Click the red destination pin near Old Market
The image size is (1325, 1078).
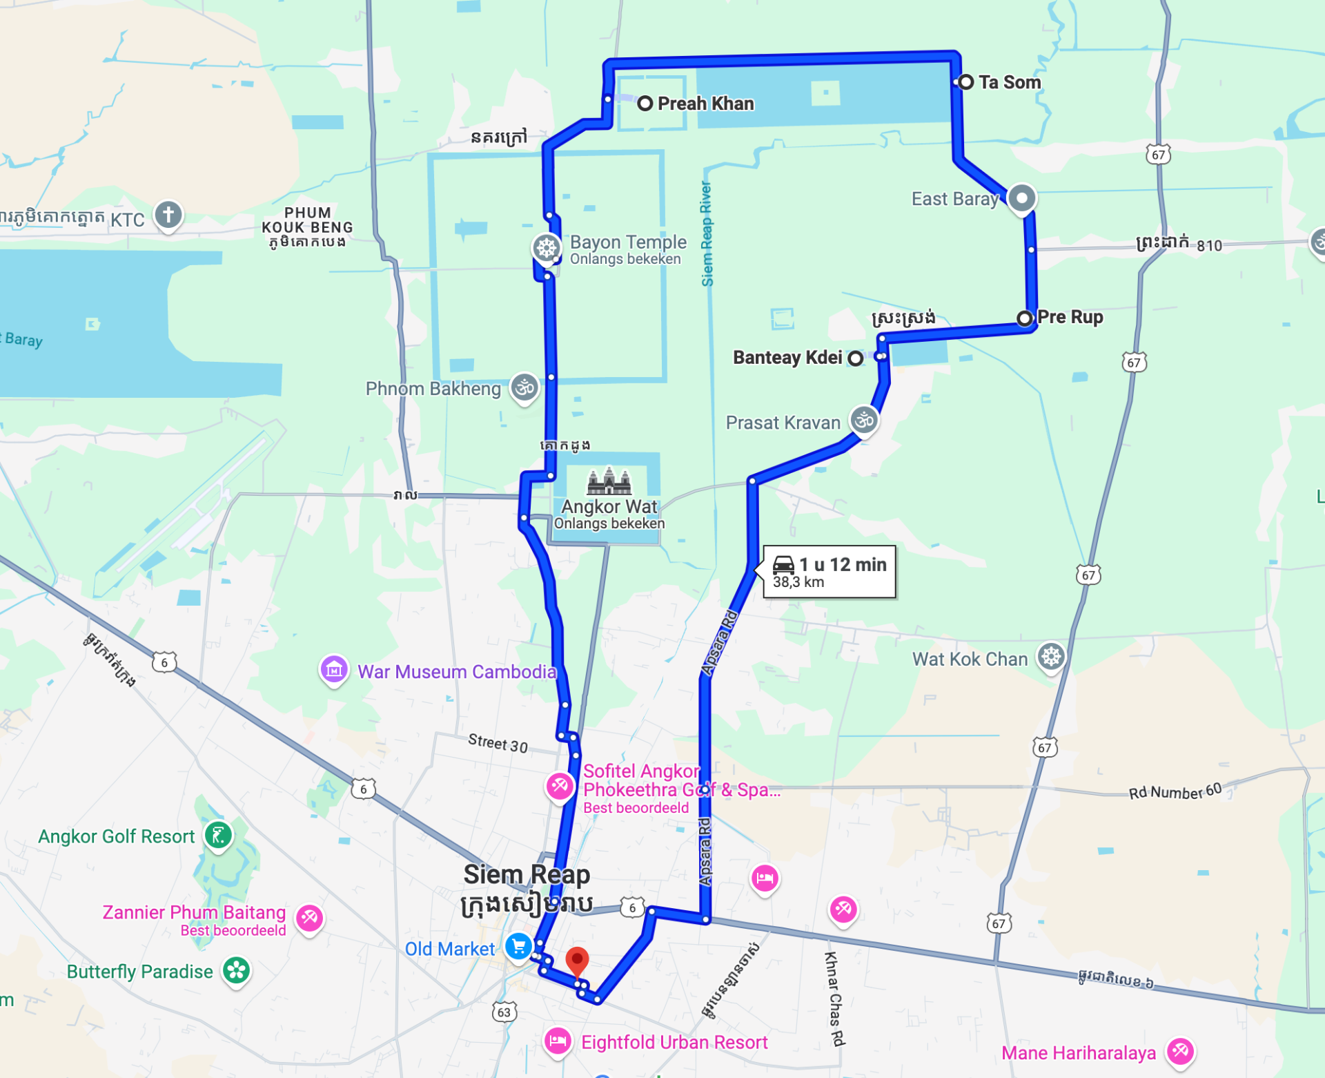click(577, 960)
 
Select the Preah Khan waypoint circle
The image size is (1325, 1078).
click(645, 104)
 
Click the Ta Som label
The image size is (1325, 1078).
click(1009, 83)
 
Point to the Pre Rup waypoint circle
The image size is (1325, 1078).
click(1025, 318)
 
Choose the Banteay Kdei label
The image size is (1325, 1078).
click(787, 358)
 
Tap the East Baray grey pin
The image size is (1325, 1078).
click(1022, 198)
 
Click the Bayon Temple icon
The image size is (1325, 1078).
click(547, 247)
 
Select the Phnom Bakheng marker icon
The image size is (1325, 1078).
click(524, 387)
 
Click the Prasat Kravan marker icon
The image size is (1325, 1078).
click(864, 420)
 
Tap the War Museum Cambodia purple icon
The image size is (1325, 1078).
click(334, 669)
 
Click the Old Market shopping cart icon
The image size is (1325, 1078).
click(518, 946)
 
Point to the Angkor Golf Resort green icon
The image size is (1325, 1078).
click(219, 836)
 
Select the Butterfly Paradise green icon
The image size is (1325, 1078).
click(236, 970)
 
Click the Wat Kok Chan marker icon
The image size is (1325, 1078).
click(1051, 657)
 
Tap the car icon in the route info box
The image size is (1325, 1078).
click(783, 564)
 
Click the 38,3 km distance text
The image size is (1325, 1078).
click(798, 582)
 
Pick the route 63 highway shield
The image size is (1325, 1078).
click(504, 1012)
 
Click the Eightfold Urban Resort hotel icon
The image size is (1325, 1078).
click(558, 1041)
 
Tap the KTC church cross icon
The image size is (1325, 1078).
click(168, 215)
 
